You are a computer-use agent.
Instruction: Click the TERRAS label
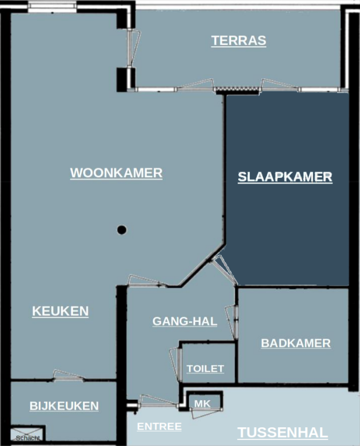pos(239,40)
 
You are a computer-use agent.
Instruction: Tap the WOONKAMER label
pos(116,173)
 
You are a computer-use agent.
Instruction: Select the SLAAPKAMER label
pos(284,177)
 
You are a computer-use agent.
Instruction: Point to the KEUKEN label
pos(60,311)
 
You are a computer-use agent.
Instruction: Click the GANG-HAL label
pos(184,321)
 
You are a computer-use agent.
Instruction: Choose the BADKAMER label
pos(296,343)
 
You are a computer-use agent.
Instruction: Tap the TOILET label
pos(205,368)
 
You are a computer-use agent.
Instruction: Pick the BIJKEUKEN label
pos(64,406)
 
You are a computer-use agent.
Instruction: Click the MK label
pos(202,404)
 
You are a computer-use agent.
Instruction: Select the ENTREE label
pos(159,427)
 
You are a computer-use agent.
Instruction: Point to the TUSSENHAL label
pos(282,433)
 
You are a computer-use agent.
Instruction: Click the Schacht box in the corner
pos(28,434)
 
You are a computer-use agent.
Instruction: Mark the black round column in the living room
pos(122,229)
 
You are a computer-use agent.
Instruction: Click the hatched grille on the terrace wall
pos(234,90)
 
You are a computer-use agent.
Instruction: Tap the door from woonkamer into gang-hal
pos(147,281)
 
